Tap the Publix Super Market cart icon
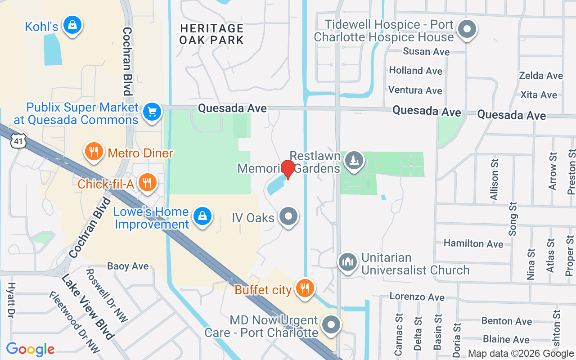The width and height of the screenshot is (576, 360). (152, 112)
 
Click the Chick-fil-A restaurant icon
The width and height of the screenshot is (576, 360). (147, 182)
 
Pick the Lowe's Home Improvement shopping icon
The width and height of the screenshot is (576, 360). (202, 216)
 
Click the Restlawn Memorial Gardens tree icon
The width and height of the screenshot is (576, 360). (354, 160)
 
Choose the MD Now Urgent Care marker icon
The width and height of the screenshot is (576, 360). (332, 324)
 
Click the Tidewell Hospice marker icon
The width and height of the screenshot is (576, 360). (467, 30)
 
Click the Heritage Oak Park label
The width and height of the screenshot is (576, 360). (211, 34)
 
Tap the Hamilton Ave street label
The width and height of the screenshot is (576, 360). (473, 243)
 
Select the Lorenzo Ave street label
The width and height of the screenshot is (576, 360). (417, 297)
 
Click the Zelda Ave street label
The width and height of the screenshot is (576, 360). (541, 76)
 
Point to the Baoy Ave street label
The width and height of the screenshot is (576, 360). (128, 266)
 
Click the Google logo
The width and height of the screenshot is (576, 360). (30, 349)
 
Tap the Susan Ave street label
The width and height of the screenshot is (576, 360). (426, 52)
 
